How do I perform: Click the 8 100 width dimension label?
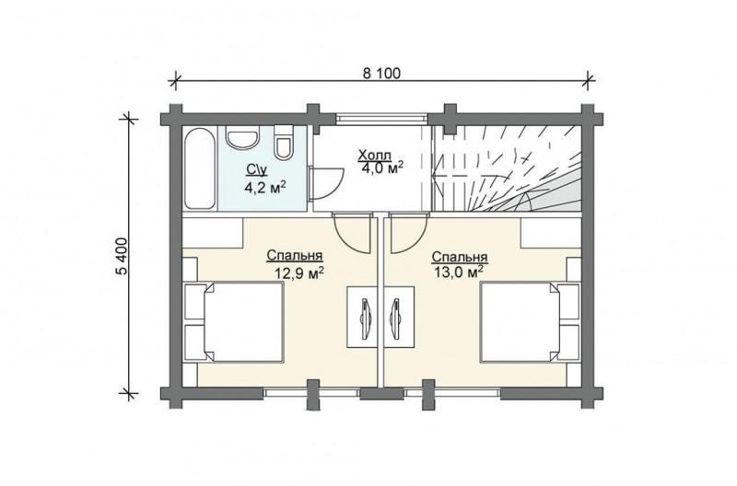[381, 74]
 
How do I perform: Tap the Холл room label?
[374, 155]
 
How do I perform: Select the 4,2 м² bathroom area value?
[265, 188]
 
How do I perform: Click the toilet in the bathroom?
[284, 142]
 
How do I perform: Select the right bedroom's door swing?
[408, 233]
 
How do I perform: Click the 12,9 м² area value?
[300, 272]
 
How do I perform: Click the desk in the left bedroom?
[363, 317]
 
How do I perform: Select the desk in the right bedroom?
[399, 317]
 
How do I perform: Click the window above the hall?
[381, 118]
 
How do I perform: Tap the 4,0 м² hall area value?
[383, 168]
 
